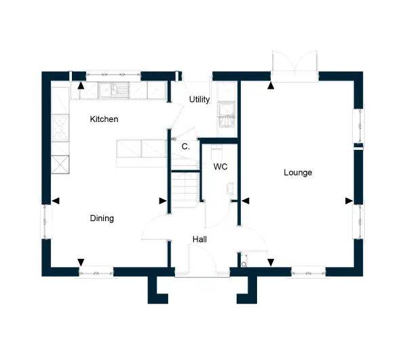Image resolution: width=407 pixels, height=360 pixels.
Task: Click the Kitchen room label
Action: click(x=104, y=119)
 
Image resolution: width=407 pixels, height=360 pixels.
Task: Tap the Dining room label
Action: click(x=102, y=218)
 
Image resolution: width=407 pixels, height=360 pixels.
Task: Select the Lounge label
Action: click(x=298, y=172)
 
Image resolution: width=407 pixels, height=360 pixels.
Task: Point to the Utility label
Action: click(x=199, y=100)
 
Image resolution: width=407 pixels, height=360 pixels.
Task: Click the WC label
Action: click(x=220, y=167)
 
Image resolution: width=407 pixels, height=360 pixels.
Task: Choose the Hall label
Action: click(x=199, y=239)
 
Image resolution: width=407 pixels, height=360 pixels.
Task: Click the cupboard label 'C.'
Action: click(x=186, y=146)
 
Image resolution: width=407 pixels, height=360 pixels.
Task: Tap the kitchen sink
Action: click(x=114, y=89)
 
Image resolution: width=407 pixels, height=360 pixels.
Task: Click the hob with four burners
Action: click(x=60, y=128)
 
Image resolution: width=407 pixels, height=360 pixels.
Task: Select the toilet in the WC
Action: click(x=217, y=154)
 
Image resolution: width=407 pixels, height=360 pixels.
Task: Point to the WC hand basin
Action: click(x=231, y=188)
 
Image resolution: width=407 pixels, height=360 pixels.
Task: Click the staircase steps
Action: click(x=185, y=190)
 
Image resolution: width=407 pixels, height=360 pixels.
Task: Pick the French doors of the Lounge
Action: click(x=295, y=66)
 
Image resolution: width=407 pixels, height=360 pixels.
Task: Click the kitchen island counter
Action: click(x=142, y=153)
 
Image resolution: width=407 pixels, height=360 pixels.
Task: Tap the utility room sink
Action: click(x=227, y=115)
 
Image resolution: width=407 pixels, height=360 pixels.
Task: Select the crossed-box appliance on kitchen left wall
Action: click(x=60, y=165)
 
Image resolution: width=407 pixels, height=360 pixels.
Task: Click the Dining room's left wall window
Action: click(x=46, y=221)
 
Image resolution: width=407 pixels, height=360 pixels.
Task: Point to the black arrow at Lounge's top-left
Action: click(x=271, y=85)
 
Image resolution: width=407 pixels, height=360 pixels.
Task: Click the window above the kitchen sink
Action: click(x=113, y=75)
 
